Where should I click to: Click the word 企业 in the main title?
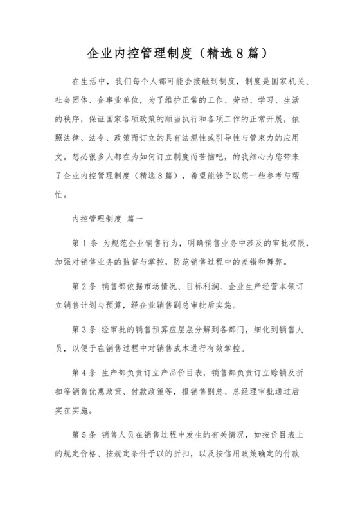pos(97,51)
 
